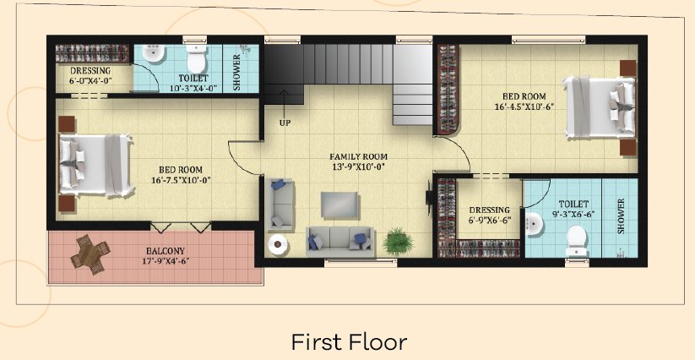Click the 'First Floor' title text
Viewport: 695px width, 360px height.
click(x=349, y=342)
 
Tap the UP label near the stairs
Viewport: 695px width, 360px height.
click(x=285, y=123)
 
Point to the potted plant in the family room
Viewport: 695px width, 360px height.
click(x=398, y=242)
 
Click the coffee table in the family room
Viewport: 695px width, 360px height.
click(x=339, y=205)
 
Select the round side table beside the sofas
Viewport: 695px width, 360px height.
click(x=278, y=243)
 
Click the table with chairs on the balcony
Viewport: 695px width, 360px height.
click(x=90, y=254)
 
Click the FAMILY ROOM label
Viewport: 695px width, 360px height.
click(x=358, y=156)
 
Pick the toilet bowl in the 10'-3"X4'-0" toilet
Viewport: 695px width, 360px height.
click(x=197, y=58)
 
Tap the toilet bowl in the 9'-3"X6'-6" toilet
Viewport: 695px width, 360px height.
click(x=577, y=241)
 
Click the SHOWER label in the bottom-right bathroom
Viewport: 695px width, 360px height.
click(x=621, y=216)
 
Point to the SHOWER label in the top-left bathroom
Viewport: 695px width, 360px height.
click(x=236, y=73)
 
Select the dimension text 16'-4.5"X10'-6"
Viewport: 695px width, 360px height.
click(x=524, y=106)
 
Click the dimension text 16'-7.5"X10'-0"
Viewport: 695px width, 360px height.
click(x=181, y=180)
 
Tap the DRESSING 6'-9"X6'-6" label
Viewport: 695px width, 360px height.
click(x=489, y=215)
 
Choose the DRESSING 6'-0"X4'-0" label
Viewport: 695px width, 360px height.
click(x=90, y=76)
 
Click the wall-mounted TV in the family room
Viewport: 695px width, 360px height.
click(x=430, y=196)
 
